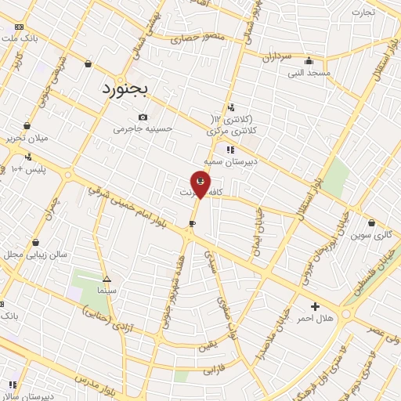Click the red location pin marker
[201, 183]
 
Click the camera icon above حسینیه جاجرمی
[143, 117]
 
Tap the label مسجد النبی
[309, 73]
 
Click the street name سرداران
[276, 56]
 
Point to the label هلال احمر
[318, 317]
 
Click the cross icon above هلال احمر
[315, 305]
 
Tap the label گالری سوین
[370, 234]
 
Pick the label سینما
[107, 290]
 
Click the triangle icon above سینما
[107, 279]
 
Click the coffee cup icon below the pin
[192, 224]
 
